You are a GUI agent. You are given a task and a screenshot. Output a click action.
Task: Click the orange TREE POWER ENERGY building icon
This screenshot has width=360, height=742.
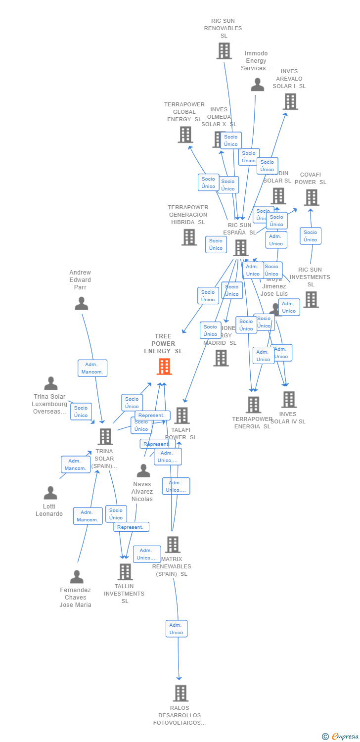[x=164, y=367]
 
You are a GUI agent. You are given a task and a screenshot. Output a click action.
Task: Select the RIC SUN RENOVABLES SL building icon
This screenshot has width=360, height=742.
[x=224, y=51]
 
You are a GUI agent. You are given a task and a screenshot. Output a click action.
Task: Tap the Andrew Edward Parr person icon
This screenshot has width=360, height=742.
[x=81, y=304]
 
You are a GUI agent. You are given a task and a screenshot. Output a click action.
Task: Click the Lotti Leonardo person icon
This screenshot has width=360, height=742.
[x=50, y=493]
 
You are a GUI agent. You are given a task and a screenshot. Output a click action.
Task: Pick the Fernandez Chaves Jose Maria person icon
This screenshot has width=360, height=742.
[x=77, y=577]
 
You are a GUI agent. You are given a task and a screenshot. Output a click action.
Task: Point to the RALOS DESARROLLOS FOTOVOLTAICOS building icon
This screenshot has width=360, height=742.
[x=181, y=693]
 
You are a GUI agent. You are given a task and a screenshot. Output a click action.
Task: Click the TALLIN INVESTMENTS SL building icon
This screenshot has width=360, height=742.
[x=125, y=572]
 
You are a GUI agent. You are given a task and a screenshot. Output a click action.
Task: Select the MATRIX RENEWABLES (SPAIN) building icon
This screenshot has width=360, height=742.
[x=173, y=545]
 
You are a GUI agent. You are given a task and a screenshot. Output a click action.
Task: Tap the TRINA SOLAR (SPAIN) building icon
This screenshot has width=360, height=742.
[x=105, y=437]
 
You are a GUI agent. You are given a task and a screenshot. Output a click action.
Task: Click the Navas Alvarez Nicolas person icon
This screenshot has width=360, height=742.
[x=143, y=471]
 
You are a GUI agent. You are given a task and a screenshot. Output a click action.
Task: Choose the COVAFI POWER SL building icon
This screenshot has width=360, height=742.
[x=312, y=197]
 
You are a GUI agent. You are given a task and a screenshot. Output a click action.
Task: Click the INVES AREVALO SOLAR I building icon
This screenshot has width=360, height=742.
[x=290, y=101]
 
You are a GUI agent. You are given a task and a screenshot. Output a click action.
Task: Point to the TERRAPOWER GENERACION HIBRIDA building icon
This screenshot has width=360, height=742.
[x=189, y=237]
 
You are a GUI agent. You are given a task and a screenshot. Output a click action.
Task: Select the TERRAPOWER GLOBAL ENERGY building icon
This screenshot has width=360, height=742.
[x=185, y=135]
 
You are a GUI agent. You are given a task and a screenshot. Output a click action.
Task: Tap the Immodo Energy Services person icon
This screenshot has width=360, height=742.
[x=257, y=85]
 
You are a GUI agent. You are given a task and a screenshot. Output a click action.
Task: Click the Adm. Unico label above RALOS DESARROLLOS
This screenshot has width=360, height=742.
[x=177, y=629]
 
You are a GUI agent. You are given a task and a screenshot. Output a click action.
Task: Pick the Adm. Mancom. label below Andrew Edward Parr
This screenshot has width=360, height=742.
[x=92, y=368]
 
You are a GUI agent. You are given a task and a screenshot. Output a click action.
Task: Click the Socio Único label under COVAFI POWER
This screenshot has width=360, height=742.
[x=311, y=236]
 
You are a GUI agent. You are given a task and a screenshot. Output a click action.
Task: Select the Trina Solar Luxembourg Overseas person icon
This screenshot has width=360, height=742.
[x=51, y=383]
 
